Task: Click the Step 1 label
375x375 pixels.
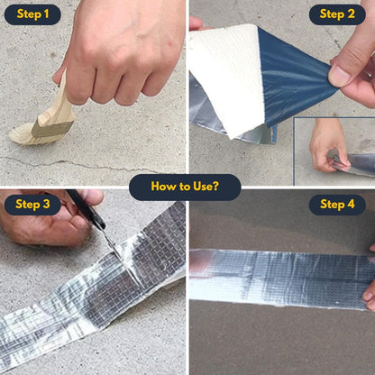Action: pos(32,14)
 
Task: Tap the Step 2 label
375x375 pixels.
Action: pos(337,14)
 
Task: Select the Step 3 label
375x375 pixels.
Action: pos(32,205)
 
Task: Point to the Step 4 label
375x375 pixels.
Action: pos(337,205)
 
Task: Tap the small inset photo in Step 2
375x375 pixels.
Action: pos(334,149)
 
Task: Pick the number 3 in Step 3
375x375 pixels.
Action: pos(50,205)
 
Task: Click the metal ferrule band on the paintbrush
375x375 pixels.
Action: pos(51,128)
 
